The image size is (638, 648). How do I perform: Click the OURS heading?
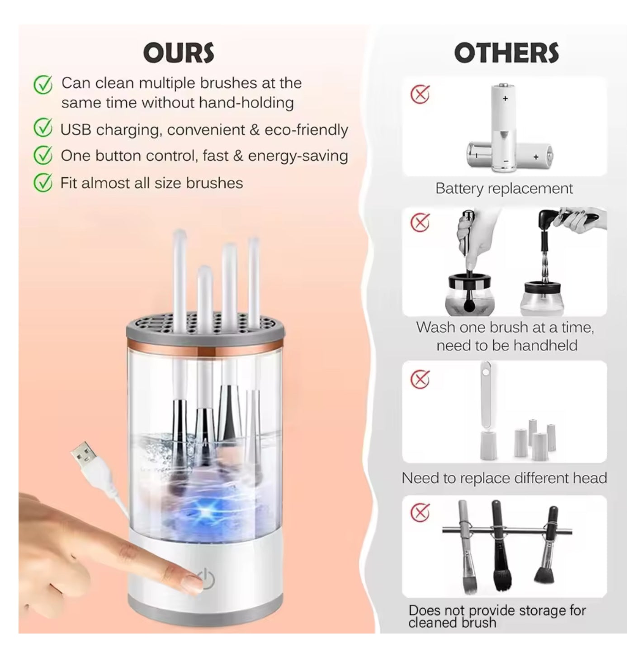tap(179, 53)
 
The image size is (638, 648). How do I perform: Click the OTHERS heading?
tap(506, 53)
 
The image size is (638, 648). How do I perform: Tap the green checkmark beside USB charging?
tap(43, 129)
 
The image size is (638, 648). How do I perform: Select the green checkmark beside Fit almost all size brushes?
tap(43, 183)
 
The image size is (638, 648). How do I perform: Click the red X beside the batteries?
tap(420, 95)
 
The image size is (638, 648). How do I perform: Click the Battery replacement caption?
tap(504, 188)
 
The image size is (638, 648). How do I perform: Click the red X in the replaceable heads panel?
tap(420, 379)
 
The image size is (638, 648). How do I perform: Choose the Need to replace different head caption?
tap(504, 478)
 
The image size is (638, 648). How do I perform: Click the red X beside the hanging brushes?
tap(420, 512)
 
